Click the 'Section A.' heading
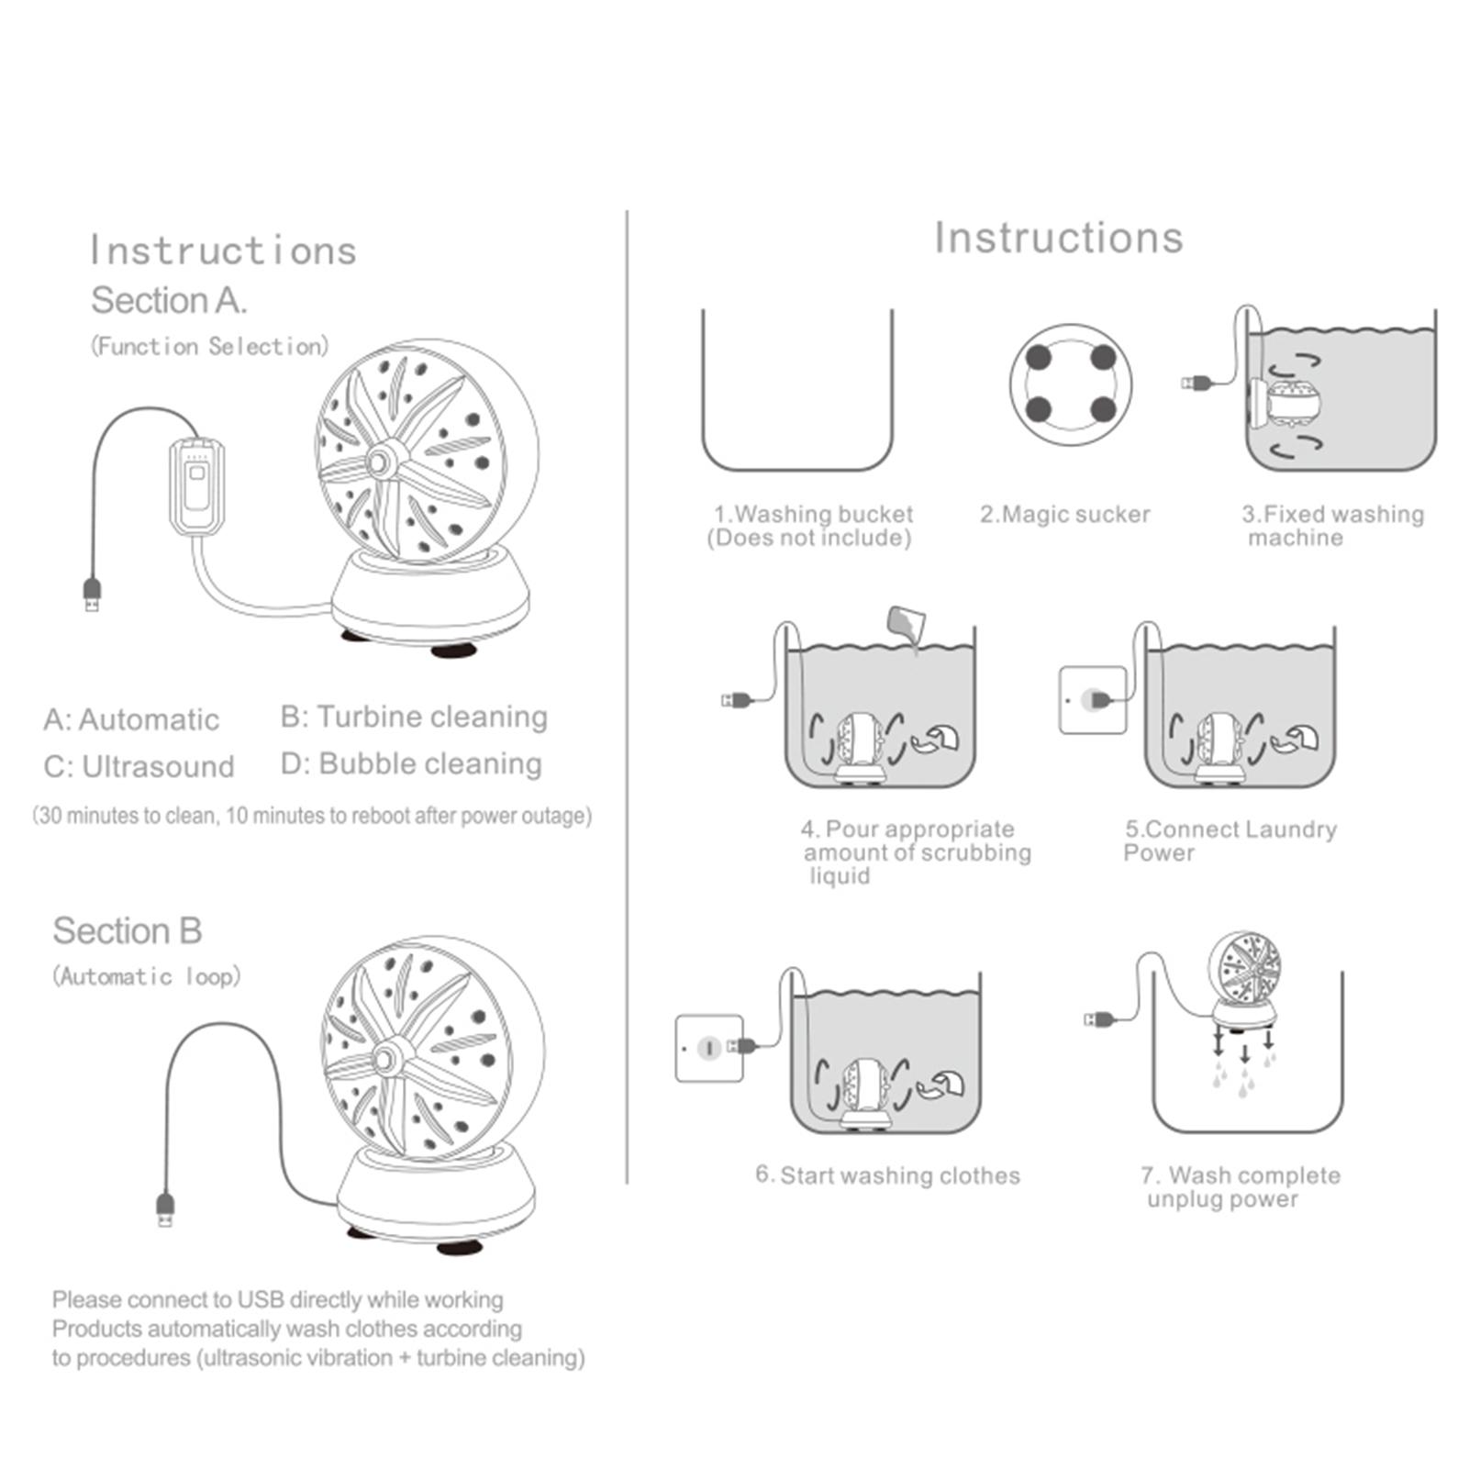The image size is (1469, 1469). [x=169, y=300]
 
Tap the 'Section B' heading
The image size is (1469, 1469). [x=127, y=930]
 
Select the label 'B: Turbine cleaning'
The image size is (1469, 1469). [x=414, y=717]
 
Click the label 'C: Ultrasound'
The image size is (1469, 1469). [x=139, y=766]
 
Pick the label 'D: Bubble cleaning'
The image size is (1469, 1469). [x=411, y=763]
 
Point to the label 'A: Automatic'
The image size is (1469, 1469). [x=131, y=719]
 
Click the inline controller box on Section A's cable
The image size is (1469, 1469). [x=196, y=486]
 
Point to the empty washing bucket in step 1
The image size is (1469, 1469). [x=797, y=390]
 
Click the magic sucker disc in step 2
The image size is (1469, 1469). [x=1071, y=384]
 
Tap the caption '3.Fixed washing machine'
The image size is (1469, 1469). [x=1332, y=526]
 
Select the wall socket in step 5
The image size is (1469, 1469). [x=1093, y=701]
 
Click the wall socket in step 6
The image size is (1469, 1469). [x=709, y=1048]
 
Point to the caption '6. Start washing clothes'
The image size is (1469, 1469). [x=887, y=1175]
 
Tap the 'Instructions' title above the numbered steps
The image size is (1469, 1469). [x=1059, y=238]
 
